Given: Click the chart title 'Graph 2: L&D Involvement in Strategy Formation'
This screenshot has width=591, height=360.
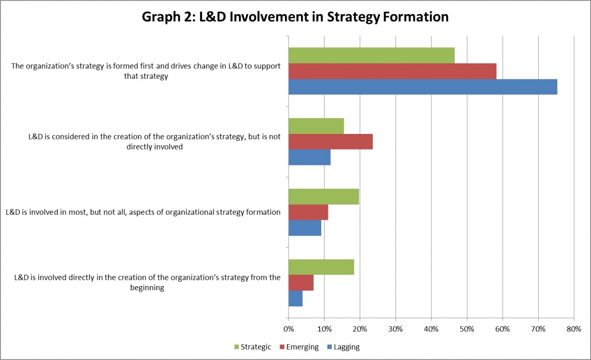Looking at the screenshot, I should point(295,17).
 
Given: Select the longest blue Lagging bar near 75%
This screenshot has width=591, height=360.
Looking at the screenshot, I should point(423,87).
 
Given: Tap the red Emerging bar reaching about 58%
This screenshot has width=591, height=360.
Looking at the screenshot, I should point(392,71).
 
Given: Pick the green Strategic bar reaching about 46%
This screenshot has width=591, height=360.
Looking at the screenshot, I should point(371,56).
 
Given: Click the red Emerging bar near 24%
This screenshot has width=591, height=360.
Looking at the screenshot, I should point(330,141).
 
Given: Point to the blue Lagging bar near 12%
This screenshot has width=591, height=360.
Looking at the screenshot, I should point(309,157).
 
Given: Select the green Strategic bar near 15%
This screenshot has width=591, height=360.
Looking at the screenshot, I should point(316,126).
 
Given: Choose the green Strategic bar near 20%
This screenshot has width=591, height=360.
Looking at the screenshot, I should point(324,196).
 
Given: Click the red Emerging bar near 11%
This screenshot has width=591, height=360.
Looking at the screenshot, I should point(308,212).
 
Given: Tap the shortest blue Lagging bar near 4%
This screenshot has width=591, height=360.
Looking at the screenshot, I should point(295,298).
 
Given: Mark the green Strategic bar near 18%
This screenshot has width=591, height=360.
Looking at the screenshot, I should point(321,267).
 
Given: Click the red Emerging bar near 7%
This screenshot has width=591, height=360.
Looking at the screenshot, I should point(301,283).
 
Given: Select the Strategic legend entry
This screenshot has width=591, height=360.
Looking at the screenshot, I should point(252,347).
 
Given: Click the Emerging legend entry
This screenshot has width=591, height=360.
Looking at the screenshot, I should point(299,347).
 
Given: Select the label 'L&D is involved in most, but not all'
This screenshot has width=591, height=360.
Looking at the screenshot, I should point(143,212).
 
